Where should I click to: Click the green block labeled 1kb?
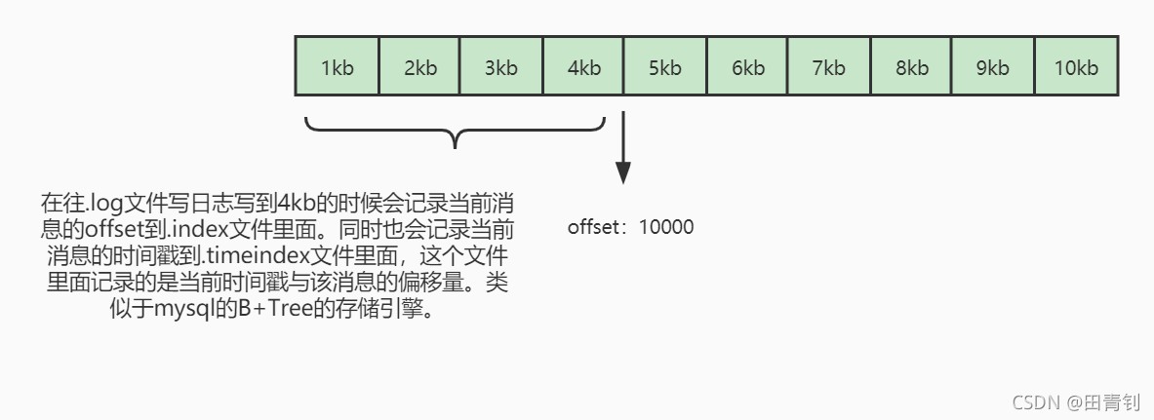pos(338,66)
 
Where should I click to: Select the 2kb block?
pos(419,66)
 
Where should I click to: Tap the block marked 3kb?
pos(501,66)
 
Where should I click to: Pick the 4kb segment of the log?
pos(583,66)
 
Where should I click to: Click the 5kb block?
pos(665,66)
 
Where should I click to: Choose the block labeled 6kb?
pos(748,66)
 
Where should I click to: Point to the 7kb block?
pos(829,66)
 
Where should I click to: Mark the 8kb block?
pos(912,66)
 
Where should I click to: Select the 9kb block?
pos(994,66)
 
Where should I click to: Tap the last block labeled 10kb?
pos(1077,66)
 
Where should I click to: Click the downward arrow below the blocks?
pos(623,147)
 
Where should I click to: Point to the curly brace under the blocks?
pos(455,132)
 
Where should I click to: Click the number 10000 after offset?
pos(666,226)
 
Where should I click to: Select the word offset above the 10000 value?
pos(595,226)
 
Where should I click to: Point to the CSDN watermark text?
pos(1035,402)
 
